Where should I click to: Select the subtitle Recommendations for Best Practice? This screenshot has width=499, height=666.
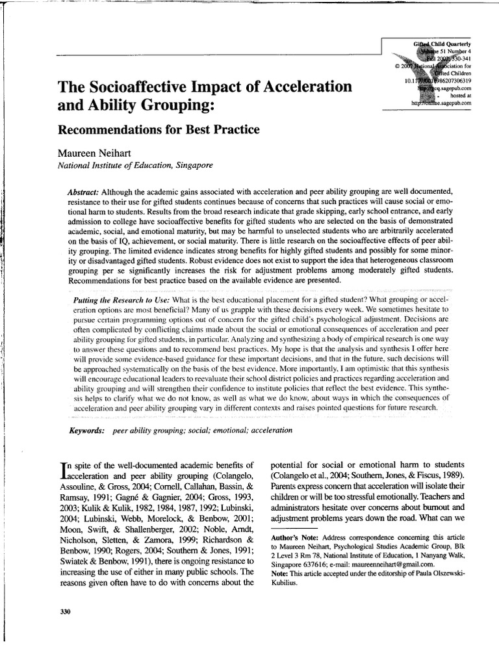(159, 129)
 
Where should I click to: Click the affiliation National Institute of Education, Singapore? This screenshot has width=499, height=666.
(135, 165)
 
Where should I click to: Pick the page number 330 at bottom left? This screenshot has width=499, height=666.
(64, 612)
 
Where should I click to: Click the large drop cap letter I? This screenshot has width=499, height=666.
(62, 470)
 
